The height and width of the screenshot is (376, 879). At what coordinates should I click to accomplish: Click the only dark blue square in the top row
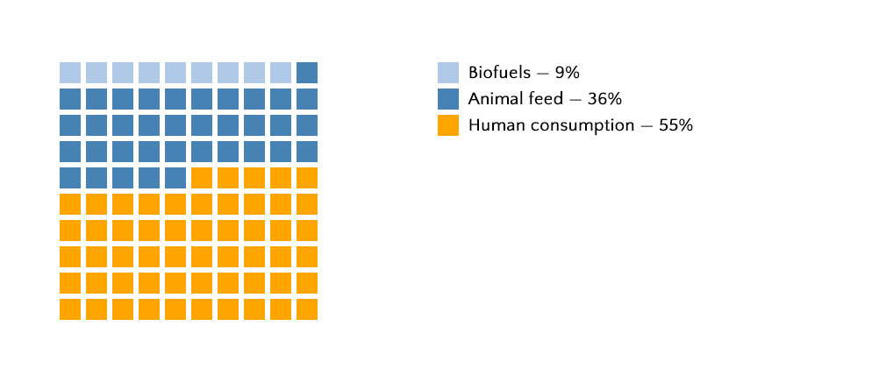pos(307,73)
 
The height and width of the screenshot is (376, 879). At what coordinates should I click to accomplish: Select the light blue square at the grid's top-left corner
pos(70,73)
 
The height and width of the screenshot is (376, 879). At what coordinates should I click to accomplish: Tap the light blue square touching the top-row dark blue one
pos(281,73)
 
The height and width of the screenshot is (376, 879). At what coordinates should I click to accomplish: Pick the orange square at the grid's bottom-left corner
pos(70,309)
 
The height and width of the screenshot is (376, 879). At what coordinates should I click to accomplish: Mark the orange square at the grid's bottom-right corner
pos(307,309)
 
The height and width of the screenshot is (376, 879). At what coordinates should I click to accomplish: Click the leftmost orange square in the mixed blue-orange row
pos(202,178)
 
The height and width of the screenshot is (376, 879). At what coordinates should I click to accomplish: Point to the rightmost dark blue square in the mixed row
pos(175,178)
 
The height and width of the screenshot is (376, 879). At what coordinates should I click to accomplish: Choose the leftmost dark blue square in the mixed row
pos(70,178)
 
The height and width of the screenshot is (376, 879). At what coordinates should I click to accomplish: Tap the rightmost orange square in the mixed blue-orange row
pos(307,178)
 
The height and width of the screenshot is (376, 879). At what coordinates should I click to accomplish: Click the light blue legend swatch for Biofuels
pos(448,73)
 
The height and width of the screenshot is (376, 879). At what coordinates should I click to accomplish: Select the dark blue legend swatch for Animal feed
pos(448,99)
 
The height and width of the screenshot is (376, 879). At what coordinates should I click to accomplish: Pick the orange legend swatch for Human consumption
pos(448,125)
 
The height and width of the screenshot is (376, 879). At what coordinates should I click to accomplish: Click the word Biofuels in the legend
pos(498,73)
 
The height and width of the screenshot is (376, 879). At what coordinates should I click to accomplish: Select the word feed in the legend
pos(546,99)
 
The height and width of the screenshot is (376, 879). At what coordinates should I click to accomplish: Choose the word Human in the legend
pos(493,125)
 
